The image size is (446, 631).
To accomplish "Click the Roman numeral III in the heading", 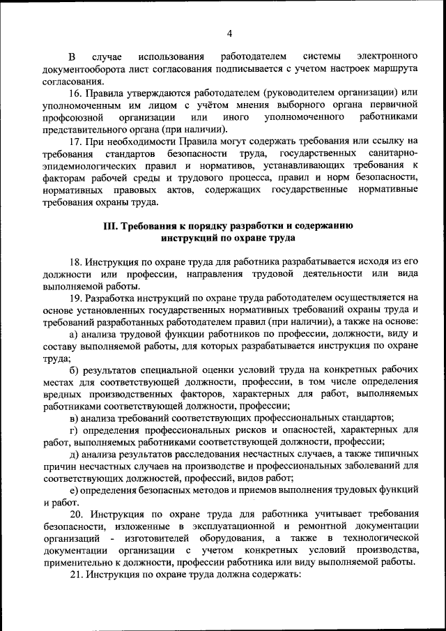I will point(110,226).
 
